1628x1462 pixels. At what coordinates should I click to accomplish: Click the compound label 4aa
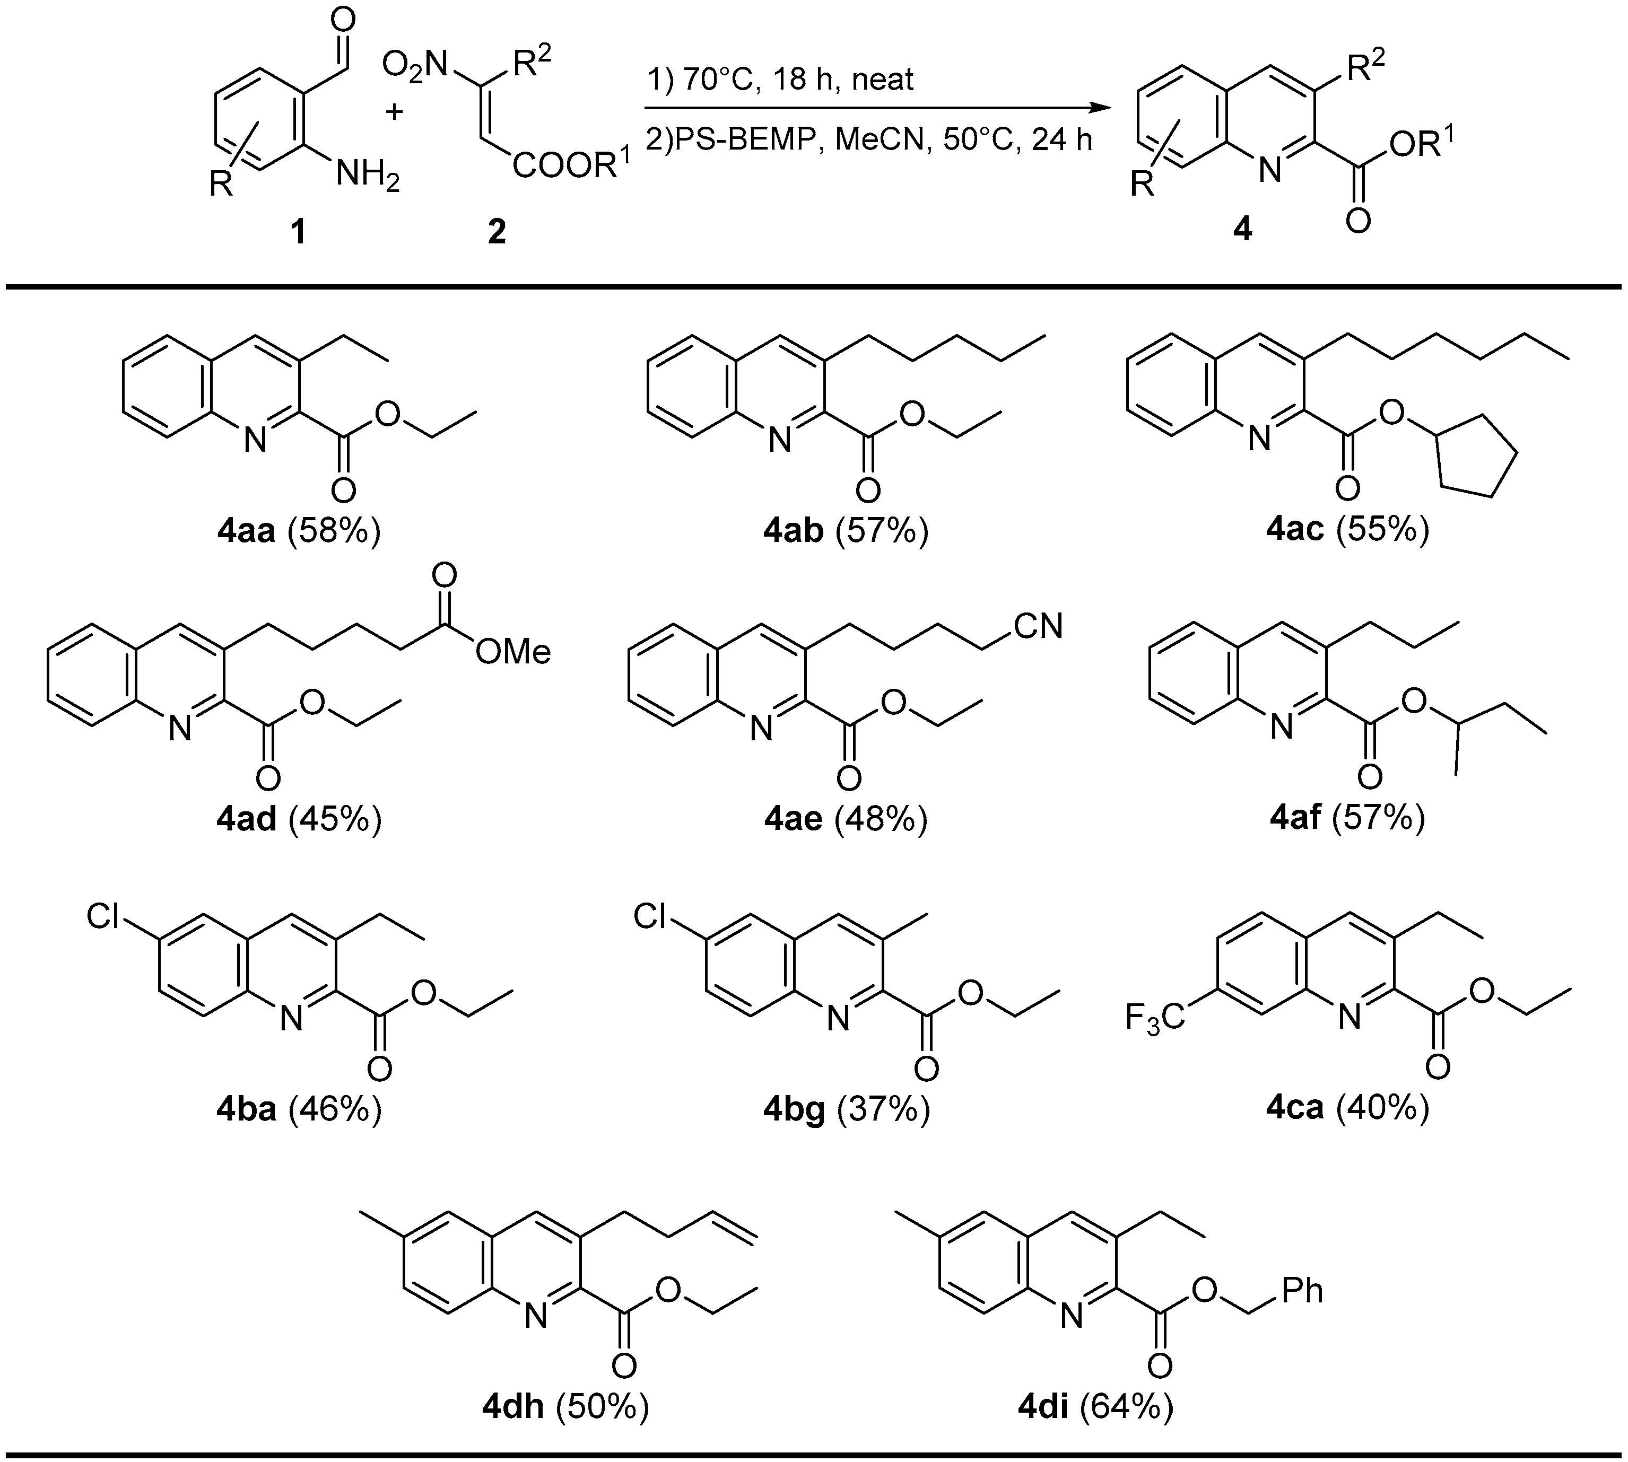(x=246, y=531)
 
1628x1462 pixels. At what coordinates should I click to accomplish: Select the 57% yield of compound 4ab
(x=882, y=531)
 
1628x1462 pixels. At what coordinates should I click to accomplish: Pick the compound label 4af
(x=1295, y=818)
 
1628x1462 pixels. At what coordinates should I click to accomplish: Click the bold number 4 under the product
(x=1242, y=231)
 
